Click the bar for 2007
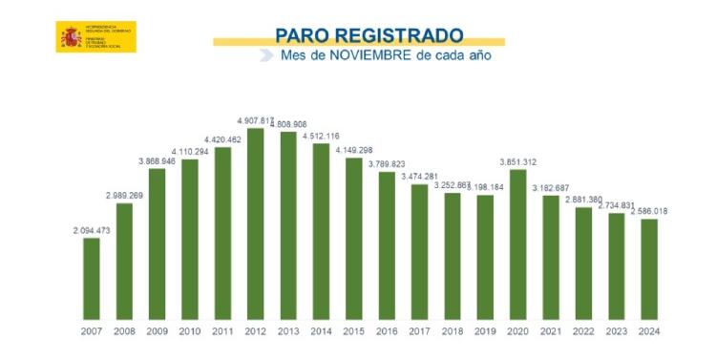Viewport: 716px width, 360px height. point(92,278)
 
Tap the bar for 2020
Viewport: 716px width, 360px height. point(518,244)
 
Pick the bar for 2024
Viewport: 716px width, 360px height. point(649,268)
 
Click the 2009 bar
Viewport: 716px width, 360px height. point(157,243)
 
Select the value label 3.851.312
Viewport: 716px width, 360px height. point(518,161)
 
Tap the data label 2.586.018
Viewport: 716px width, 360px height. point(648,211)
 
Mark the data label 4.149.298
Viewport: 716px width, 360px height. point(353,150)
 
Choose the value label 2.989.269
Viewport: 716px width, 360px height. point(124,195)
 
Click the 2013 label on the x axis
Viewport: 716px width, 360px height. point(287,331)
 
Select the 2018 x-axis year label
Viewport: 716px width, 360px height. point(452,331)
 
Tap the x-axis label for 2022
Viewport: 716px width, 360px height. point(583,331)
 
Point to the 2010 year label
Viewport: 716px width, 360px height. point(189,331)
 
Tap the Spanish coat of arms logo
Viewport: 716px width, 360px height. point(72,36)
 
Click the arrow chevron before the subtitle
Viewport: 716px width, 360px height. point(266,56)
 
